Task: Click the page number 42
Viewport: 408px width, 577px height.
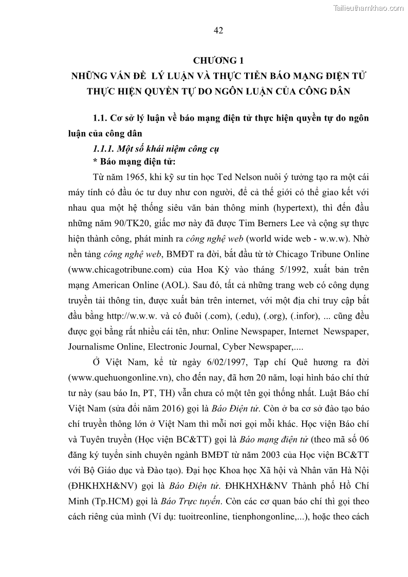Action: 218,30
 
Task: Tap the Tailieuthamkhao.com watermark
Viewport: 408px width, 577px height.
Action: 369,8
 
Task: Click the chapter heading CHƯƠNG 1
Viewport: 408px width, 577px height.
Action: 218,61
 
